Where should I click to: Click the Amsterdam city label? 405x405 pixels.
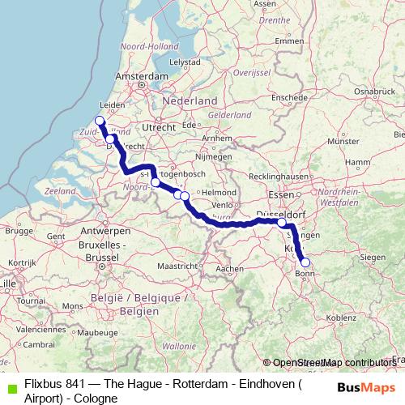click(141, 75)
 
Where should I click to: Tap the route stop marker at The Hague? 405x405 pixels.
click(100, 122)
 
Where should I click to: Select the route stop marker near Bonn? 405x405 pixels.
click(305, 262)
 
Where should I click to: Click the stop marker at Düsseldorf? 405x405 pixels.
click(281, 223)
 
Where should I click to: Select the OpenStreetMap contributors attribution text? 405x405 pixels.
click(333, 363)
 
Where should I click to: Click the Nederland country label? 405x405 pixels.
click(190, 100)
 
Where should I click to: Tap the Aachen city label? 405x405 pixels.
click(230, 268)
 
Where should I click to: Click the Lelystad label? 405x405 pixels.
click(184, 62)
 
